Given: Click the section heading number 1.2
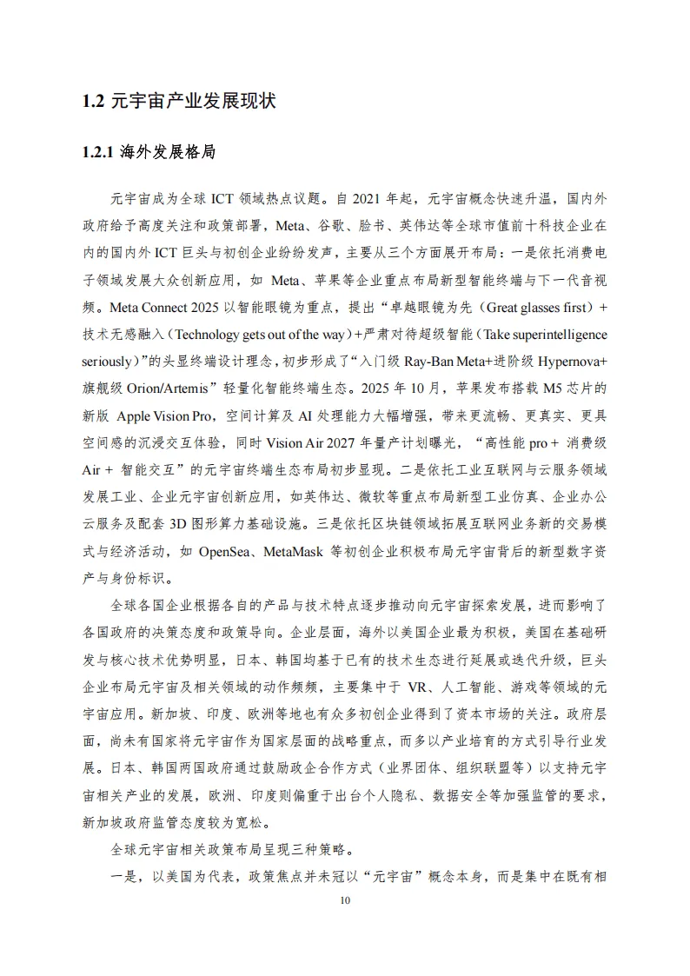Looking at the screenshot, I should [x=94, y=102].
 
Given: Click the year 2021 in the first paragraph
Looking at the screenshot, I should [x=370, y=198].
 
